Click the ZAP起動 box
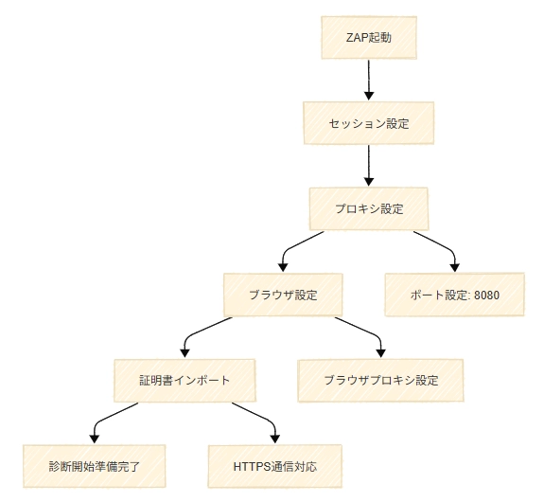click(x=369, y=38)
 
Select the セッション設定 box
click(x=369, y=123)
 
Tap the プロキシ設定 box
click(x=369, y=208)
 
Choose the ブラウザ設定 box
click(x=283, y=295)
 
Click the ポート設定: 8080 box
click(x=454, y=295)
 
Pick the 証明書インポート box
click(x=184, y=381)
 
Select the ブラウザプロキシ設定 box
click(x=380, y=381)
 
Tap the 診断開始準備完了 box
click(x=95, y=466)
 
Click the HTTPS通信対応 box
click(x=274, y=466)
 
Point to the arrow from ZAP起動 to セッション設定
click(x=369, y=80)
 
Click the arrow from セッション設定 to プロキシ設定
click(x=369, y=166)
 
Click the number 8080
click(x=486, y=295)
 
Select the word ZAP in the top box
click(x=357, y=38)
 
